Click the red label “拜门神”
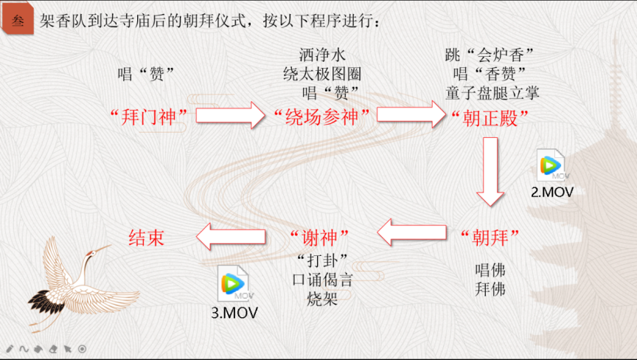pyautogui.click(x=151, y=116)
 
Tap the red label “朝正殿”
pyautogui.click(x=489, y=117)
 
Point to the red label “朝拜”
pyautogui.click(x=490, y=236)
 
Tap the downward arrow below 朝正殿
pyautogui.click(x=490, y=172)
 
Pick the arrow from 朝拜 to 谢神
pyautogui.click(x=414, y=234)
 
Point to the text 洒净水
pyautogui.click(x=322, y=55)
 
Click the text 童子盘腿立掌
pyautogui.click(x=492, y=92)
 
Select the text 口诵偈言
pyautogui.click(x=322, y=280)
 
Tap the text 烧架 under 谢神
pyautogui.click(x=322, y=300)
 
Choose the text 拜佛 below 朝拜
pyautogui.click(x=491, y=288)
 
